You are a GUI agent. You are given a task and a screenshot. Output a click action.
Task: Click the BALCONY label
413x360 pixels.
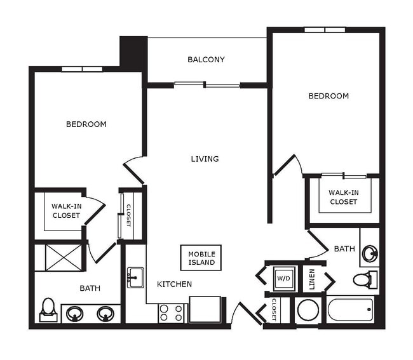206,60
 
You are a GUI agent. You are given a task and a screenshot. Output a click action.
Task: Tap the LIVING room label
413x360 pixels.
205,159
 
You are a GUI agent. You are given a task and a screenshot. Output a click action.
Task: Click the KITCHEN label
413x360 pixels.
174,284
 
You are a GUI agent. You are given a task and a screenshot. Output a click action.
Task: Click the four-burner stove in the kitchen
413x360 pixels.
171,313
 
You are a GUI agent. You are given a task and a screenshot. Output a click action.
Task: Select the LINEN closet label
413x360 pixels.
312,279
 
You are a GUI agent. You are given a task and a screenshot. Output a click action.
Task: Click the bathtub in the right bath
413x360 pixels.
350,311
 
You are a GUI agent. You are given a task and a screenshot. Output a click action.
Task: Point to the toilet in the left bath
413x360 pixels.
48,309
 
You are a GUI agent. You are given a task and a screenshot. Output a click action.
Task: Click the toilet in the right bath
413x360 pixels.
364,279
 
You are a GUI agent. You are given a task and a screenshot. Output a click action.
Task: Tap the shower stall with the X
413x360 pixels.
64,257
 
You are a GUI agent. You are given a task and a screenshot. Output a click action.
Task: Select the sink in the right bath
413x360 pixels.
369,254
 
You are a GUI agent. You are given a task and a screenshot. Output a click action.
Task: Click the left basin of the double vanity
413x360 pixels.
76,314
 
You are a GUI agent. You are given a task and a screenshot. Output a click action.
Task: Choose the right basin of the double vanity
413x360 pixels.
105,314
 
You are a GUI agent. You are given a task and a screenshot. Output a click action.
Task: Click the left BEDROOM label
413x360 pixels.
86,124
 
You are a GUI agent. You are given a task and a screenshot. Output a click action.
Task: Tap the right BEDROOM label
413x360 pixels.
328,96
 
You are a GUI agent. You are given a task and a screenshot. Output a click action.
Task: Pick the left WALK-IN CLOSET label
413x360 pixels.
66,210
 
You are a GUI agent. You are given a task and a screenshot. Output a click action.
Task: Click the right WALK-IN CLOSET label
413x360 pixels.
342,197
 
